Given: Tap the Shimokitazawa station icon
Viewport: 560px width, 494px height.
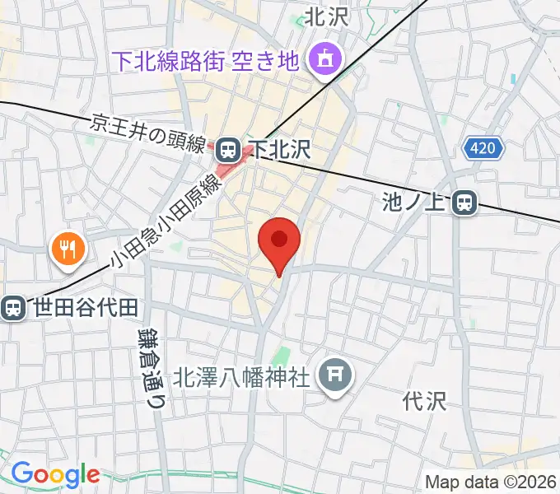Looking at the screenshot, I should (229, 149).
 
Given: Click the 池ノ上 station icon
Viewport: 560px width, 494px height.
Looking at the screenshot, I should (466, 202).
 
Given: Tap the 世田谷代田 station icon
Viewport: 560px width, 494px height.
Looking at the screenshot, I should (12, 308).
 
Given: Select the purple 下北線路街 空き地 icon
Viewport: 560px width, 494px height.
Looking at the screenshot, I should (320, 58).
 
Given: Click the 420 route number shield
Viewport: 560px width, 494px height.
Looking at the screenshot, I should (483, 148).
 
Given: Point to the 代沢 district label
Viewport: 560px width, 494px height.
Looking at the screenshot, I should (424, 401).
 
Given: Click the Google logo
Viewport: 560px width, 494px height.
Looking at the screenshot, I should (54, 474).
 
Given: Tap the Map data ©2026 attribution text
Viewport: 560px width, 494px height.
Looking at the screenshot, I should (491, 482).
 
